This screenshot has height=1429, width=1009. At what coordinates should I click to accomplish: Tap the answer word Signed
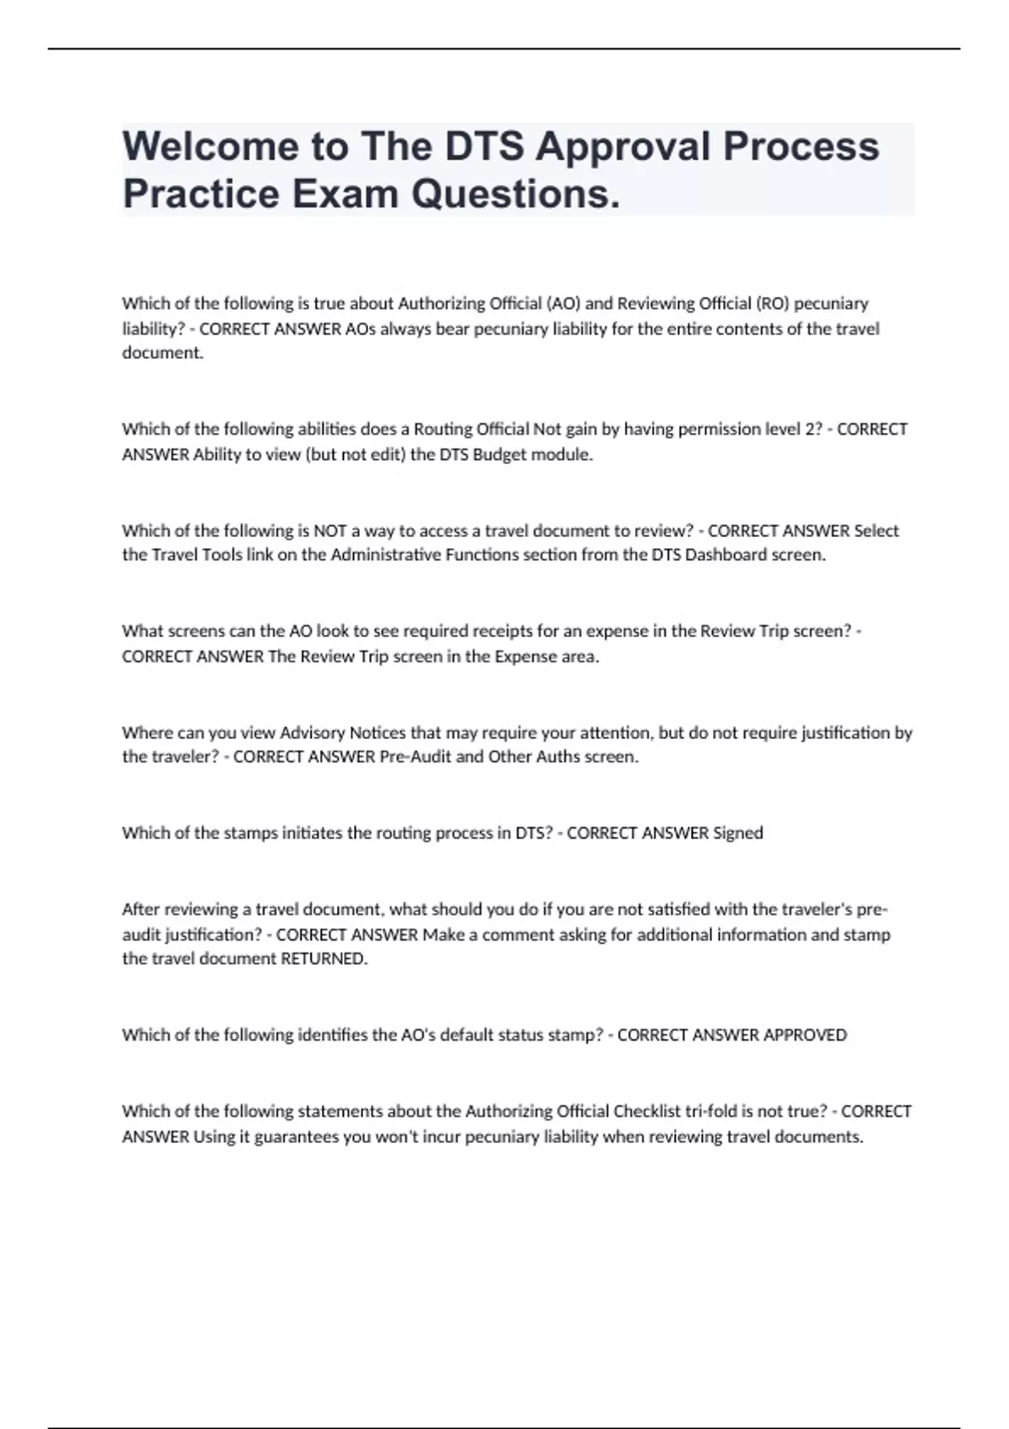click(737, 833)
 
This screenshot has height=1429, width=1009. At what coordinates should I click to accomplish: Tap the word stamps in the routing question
click(250, 833)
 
